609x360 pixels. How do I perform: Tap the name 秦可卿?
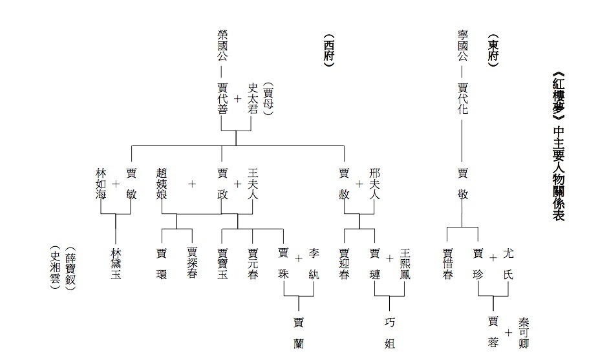tap(524, 332)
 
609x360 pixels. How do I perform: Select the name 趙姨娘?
tap(162, 185)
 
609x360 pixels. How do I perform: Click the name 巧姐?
tap(390, 332)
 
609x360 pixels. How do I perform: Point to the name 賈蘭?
tap(298, 332)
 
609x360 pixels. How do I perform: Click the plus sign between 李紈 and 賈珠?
tap(299, 259)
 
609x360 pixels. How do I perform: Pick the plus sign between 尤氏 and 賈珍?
tap(493, 259)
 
